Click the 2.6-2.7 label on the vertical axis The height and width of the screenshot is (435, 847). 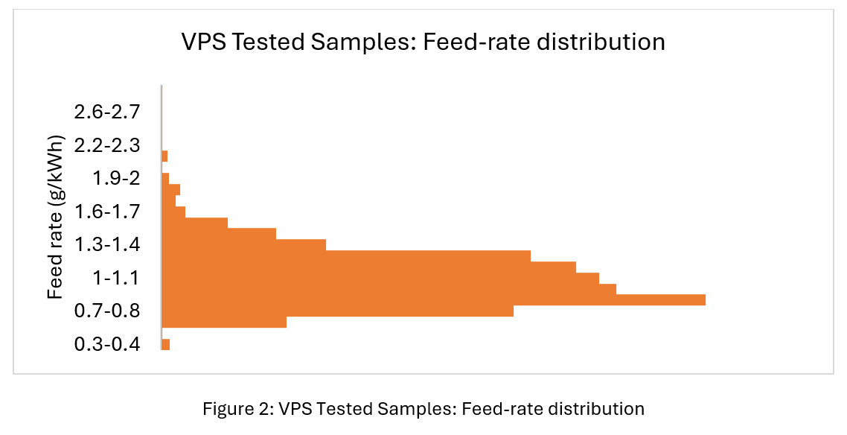107,112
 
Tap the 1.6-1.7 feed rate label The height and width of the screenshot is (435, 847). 107,212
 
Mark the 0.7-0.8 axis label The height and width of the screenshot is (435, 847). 107,311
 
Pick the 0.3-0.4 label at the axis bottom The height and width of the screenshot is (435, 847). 107,344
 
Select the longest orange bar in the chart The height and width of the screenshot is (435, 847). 432,300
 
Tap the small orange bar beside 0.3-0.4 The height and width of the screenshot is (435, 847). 165,344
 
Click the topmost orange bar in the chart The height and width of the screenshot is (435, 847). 164,156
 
